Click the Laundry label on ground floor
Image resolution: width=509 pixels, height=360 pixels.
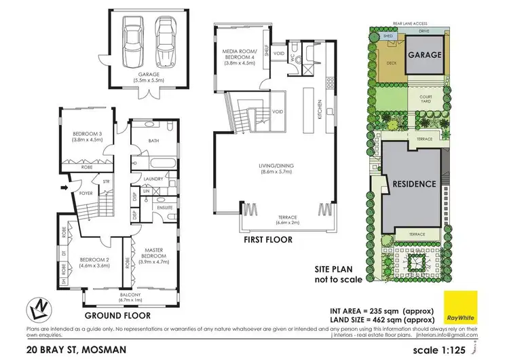(153, 179)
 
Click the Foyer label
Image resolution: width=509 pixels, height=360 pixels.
(83, 192)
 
